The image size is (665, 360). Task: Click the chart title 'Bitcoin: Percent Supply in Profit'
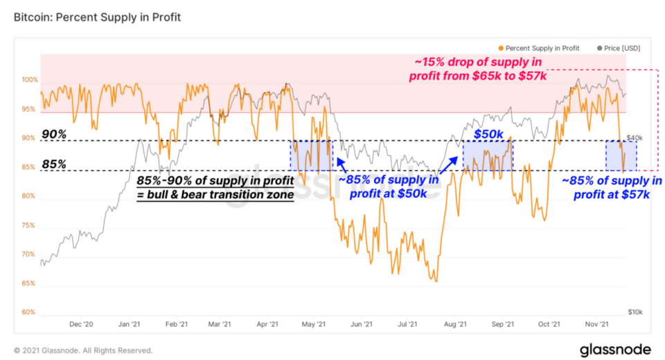tap(97, 17)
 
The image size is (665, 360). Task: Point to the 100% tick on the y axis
tap(28, 80)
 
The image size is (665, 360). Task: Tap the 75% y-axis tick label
tap(28, 225)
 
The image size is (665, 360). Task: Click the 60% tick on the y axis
tap(28, 312)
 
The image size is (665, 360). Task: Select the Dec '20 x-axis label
tap(82, 324)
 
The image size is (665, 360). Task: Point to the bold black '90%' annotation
tap(53, 134)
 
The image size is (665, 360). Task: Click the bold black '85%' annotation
tap(53, 165)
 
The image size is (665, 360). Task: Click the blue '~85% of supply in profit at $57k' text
tap(612, 188)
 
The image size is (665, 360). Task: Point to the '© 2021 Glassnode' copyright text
tap(83, 350)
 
